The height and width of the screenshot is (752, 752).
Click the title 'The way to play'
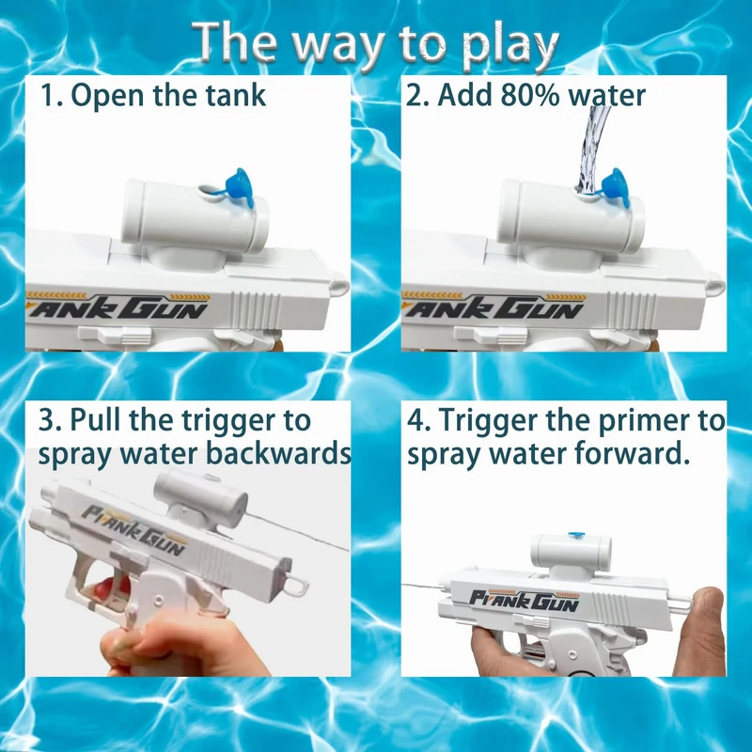375,44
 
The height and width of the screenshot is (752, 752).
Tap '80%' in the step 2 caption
529,95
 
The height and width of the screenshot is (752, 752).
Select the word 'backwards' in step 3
278,453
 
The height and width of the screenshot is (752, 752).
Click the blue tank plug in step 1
239,186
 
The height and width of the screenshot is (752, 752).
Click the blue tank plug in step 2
615,187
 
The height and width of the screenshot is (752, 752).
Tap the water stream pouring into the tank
591,149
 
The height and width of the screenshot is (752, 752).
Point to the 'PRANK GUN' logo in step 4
525,600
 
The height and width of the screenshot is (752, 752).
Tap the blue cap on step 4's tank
575,534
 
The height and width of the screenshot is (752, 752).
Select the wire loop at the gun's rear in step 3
296,585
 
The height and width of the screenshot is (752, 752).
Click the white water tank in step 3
201,497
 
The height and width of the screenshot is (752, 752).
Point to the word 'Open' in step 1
107,97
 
